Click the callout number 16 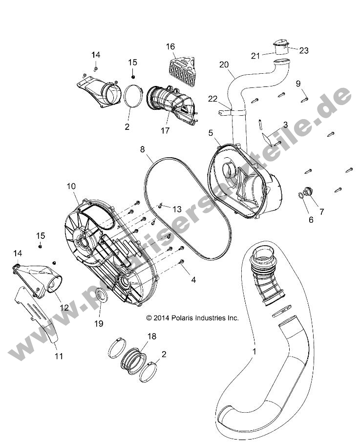click(x=170, y=47)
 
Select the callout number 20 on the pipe click(x=224, y=64)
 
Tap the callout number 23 click(x=304, y=50)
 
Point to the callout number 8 click(x=143, y=150)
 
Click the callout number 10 click(x=71, y=186)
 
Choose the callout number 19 click(x=99, y=323)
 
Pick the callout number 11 click(x=59, y=356)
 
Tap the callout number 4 click(x=193, y=280)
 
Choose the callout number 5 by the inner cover click(x=211, y=132)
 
